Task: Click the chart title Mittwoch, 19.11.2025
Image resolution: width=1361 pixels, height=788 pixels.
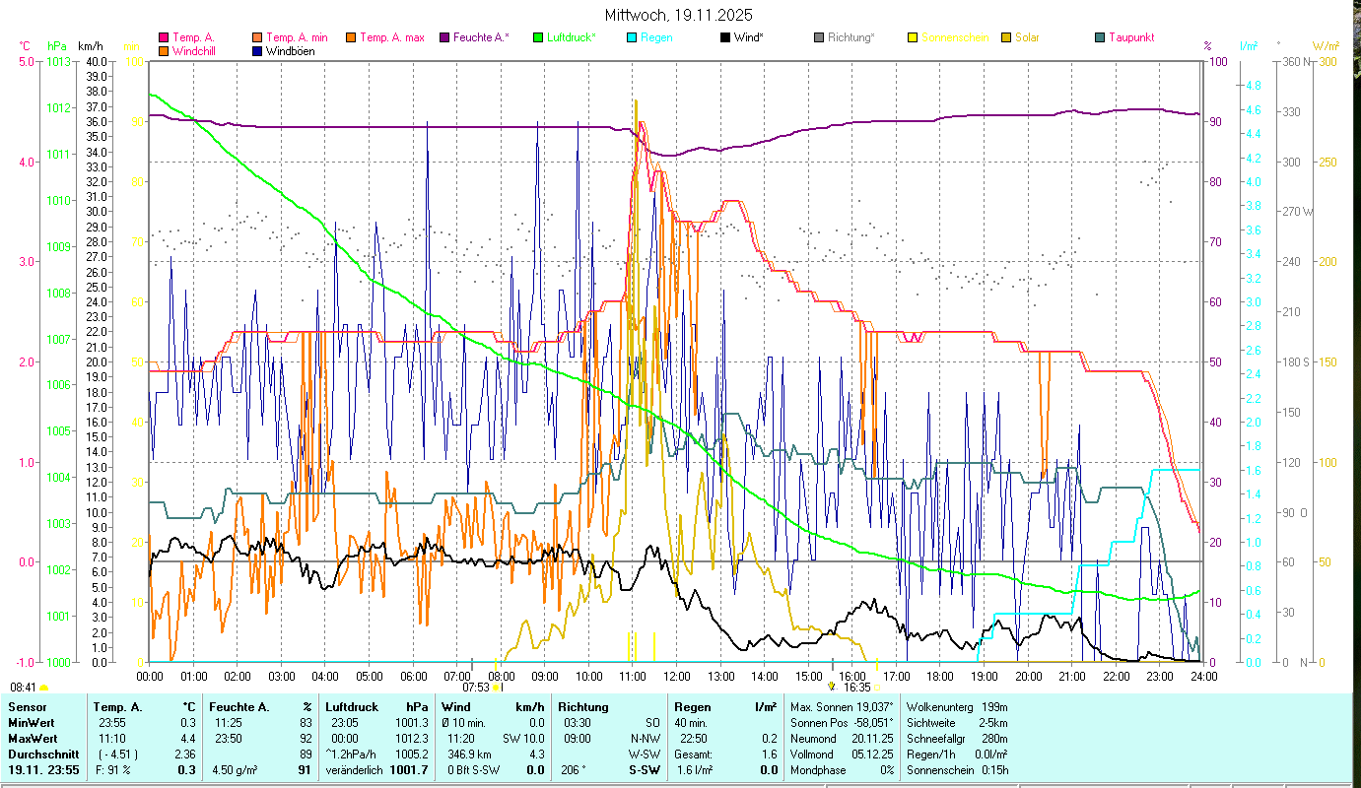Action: (x=679, y=15)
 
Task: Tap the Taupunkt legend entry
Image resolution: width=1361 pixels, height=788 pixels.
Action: (x=1130, y=37)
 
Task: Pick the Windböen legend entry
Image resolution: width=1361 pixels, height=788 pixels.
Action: (x=290, y=50)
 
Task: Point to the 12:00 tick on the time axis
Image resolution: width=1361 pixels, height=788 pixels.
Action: (x=676, y=676)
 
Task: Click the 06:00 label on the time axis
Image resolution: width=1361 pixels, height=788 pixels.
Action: (x=413, y=676)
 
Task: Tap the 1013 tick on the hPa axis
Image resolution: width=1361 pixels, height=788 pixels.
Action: (x=57, y=62)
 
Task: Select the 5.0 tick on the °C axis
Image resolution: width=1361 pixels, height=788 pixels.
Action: (x=26, y=62)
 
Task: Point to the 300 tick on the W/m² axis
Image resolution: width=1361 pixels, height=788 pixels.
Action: (x=1327, y=62)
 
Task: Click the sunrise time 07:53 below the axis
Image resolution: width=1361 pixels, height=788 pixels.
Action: (x=476, y=688)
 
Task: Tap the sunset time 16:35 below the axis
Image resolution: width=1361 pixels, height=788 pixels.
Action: (x=856, y=688)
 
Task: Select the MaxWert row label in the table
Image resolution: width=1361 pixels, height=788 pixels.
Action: (x=32, y=738)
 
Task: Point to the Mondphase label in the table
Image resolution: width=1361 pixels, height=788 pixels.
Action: (x=818, y=769)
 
